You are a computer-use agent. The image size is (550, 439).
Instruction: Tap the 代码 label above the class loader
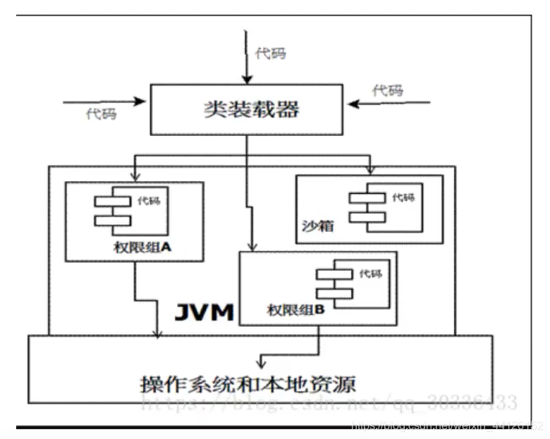[x=271, y=54]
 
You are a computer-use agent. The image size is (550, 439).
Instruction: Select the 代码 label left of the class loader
[x=101, y=113]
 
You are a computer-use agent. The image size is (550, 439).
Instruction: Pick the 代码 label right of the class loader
[x=388, y=90]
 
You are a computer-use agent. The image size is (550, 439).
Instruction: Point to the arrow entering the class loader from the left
[x=106, y=102]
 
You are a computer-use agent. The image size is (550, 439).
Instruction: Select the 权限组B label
[x=295, y=309]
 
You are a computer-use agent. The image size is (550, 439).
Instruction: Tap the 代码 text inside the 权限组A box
[x=149, y=201]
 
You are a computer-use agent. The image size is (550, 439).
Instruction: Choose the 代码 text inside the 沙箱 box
[x=403, y=197]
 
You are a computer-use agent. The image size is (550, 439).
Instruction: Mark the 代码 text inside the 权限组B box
[x=370, y=273]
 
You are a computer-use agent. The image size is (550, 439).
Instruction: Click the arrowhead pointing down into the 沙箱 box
[x=369, y=170]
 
